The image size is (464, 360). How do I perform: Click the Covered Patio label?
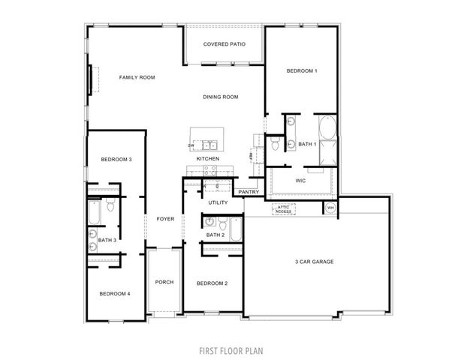(224, 44)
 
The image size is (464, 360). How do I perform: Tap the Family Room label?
(137, 77)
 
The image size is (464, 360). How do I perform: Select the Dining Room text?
(220, 97)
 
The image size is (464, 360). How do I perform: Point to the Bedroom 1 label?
(302, 70)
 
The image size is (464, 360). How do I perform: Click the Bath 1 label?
(306, 143)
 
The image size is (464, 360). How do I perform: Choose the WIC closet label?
(300, 181)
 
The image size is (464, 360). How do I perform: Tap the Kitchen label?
(208, 159)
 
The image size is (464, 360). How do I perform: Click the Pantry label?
(249, 192)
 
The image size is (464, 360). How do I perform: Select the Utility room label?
(218, 202)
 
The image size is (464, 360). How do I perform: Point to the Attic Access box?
(283, 210)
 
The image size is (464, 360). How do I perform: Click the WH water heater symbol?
(329, 208)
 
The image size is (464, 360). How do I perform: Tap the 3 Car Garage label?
(314, 262)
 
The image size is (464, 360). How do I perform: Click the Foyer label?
(164, 219)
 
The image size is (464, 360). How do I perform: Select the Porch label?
(164, 282)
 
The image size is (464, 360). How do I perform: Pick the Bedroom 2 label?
(212, 283)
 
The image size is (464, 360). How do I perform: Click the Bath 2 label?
(215, 235)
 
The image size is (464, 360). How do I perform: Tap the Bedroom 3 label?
(116, 159)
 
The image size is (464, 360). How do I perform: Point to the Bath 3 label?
(107, 240)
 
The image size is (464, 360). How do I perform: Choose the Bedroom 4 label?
(115, 293)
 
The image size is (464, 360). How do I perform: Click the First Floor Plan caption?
(231, 349)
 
